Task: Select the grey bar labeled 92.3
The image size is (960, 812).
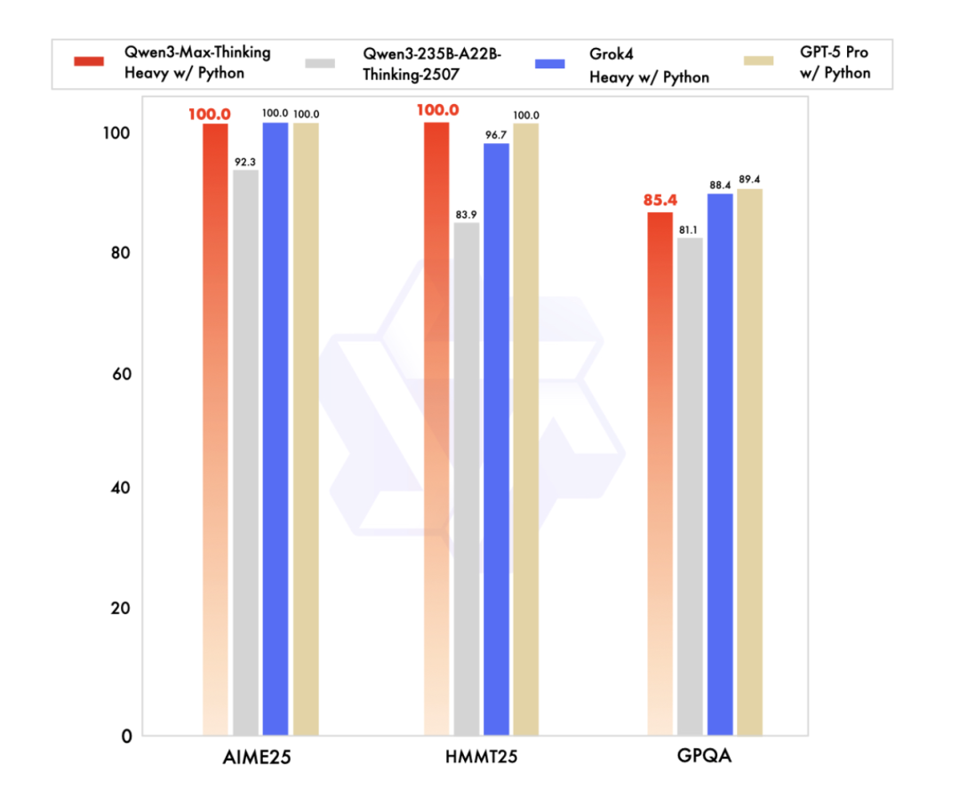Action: [x=245, y=452]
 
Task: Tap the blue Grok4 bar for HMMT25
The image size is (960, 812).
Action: [x=497, y=439]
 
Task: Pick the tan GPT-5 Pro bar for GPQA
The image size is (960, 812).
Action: [x=749, y=462]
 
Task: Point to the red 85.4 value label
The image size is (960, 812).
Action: [x=660, y=201]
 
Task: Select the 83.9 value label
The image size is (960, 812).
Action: [x=467, y=212]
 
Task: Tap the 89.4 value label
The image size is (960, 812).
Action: [x=749, y=178]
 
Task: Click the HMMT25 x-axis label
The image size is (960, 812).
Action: [x=481, y=759]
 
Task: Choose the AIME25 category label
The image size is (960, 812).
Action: [x=260, y=759]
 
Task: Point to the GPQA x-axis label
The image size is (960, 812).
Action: [x=703, y=759]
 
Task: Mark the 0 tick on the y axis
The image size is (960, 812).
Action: [x=126, y=736]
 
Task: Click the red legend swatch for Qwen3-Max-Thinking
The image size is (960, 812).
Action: [x=92, y=62]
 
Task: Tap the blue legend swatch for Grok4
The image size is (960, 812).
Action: [x=551, y=63]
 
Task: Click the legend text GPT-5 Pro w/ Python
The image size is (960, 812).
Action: [x=833, y=64]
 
